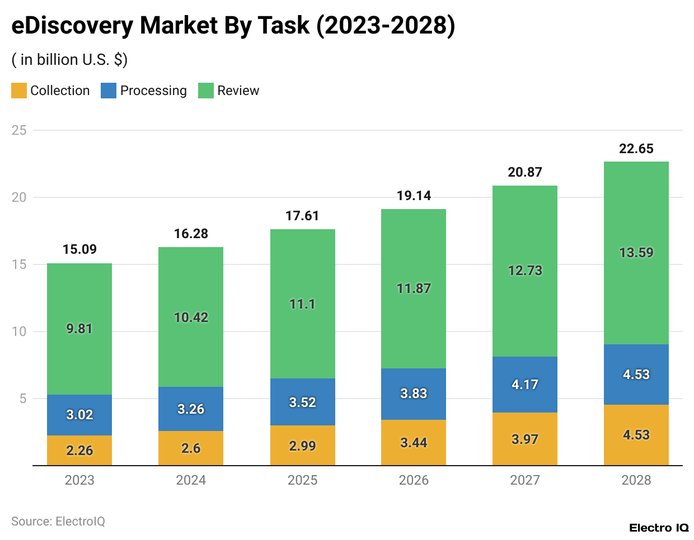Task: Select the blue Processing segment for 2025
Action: pyautogui.click(x=302, y=402)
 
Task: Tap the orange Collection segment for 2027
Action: pyautogui.click(x=524, y=439)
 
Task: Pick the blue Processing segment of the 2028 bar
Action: pyautogui.click(x=636, y=374)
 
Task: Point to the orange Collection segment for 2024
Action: pyautogui.click(x=191, y=448)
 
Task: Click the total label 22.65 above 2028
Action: pyautogui.click(x=636, y=149)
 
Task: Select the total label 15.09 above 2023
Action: pyautogui.click(x=79, y=249)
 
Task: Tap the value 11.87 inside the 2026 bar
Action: pyautogui.click(x=414, y=288)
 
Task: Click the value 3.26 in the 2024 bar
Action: pyautogui.click(x=191, y=409)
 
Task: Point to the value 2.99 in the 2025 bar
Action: pyautogui.click(x=302, y=446)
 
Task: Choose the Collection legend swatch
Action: pyautogui.click(x=19, y=91)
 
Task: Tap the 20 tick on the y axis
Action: pyautogui.click(x=19, y=197)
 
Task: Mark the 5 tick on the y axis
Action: pyautogui.click(x=23, y=399)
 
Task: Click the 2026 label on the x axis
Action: pyautogui.click(x=414, y=480)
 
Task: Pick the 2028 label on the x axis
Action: pyautogui.click(x=636, y=480)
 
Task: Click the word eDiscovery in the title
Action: pyautogui.click(x=72, y=26)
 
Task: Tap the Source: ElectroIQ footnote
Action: pyautogui.click(x=58, y=522)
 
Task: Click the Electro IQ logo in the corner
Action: pyautogui.click(x=659, y=528)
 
